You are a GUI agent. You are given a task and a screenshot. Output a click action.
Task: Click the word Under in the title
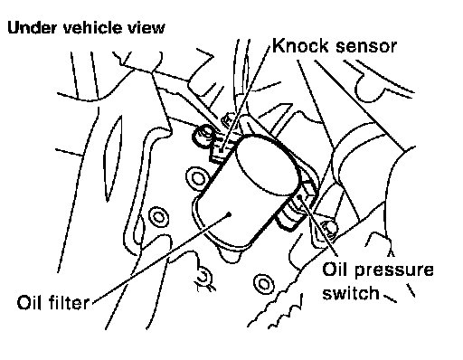[32, 28]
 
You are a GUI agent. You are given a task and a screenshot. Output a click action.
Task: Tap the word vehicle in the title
[92, 27]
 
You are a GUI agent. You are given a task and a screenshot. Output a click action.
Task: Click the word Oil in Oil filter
[29, 302]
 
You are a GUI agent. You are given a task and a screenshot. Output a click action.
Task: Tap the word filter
[68, 302]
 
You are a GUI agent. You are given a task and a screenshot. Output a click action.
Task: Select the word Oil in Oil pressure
[335, 269]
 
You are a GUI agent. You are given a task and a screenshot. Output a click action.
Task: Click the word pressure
[393, 270]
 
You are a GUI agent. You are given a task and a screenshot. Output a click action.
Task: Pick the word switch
[351, 292]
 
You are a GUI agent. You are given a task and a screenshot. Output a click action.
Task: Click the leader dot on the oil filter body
[230, 214]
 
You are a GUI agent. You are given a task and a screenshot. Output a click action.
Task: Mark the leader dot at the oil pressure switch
[299, 196]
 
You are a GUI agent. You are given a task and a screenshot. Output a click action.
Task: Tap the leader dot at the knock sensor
[222, 150]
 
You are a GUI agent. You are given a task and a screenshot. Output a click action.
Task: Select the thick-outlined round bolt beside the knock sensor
[203, 136]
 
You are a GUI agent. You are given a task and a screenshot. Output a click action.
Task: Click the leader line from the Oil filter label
[160, 259]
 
